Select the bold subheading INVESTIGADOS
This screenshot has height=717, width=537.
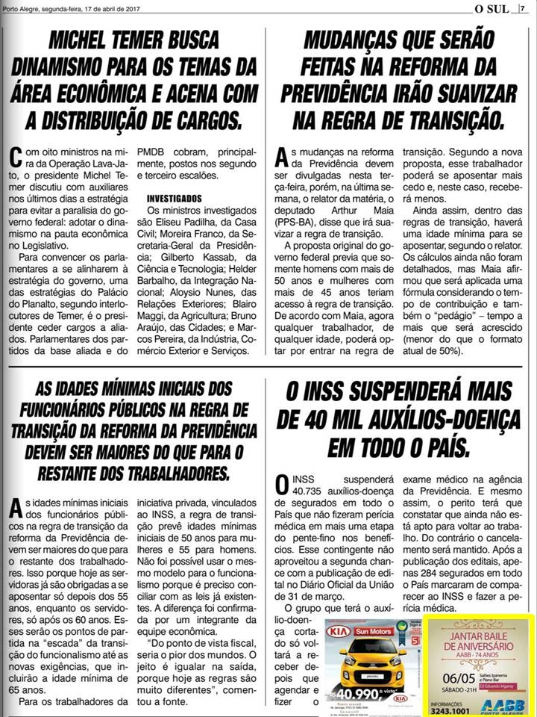175,199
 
